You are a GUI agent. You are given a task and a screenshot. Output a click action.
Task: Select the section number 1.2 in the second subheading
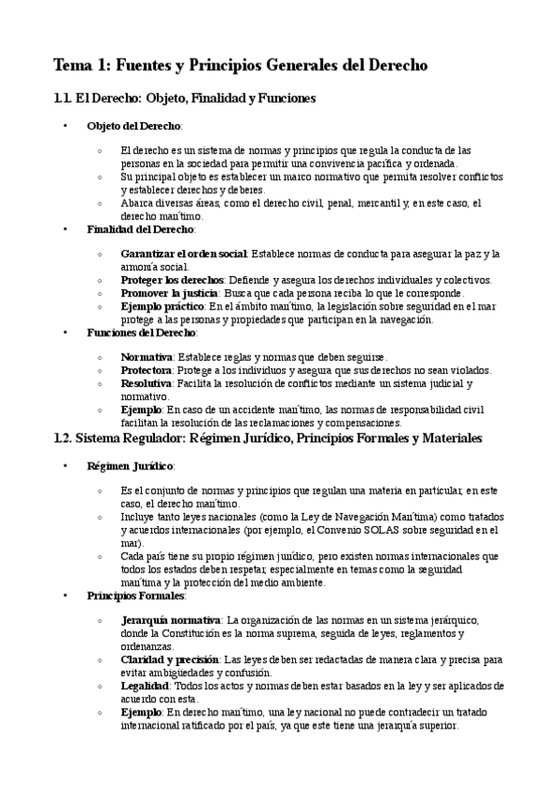click(x=63, y=437)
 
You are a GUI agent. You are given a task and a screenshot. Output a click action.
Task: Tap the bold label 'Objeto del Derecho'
click(x=134, y=125)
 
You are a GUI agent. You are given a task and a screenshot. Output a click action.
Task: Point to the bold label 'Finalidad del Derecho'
click(x=140, y=229)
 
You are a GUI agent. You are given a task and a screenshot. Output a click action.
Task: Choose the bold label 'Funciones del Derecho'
click(x=141, y=332)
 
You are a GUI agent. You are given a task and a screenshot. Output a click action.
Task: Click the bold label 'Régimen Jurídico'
click(x=130, y=465)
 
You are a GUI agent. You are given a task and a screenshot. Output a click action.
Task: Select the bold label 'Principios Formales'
click(x=135, y=594)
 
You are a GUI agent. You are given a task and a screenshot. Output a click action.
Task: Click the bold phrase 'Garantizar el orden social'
click(x=184, y=254)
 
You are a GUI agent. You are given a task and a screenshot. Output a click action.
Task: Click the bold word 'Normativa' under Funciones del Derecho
click(x=147, y=357)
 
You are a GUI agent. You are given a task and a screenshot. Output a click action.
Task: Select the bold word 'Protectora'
click(x=147, y=370)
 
